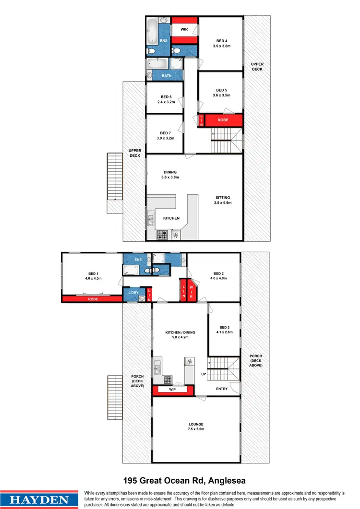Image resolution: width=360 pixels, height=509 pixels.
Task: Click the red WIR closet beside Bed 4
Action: click(184, 29)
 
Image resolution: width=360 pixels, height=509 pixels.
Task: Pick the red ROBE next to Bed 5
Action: click(223, 120)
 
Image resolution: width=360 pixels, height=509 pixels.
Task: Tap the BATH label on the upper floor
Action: click(166, 76)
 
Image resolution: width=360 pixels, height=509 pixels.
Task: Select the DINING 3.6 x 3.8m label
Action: click(170, 175)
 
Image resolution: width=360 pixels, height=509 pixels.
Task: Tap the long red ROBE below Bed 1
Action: click(92, 298)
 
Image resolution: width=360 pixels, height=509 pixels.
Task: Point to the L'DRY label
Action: click(133, 293)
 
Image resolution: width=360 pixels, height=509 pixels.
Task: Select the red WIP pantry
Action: click(172, 391)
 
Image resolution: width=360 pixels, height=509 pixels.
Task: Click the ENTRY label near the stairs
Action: click(222, 389)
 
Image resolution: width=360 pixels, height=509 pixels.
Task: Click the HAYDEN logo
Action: click(40, 499)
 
